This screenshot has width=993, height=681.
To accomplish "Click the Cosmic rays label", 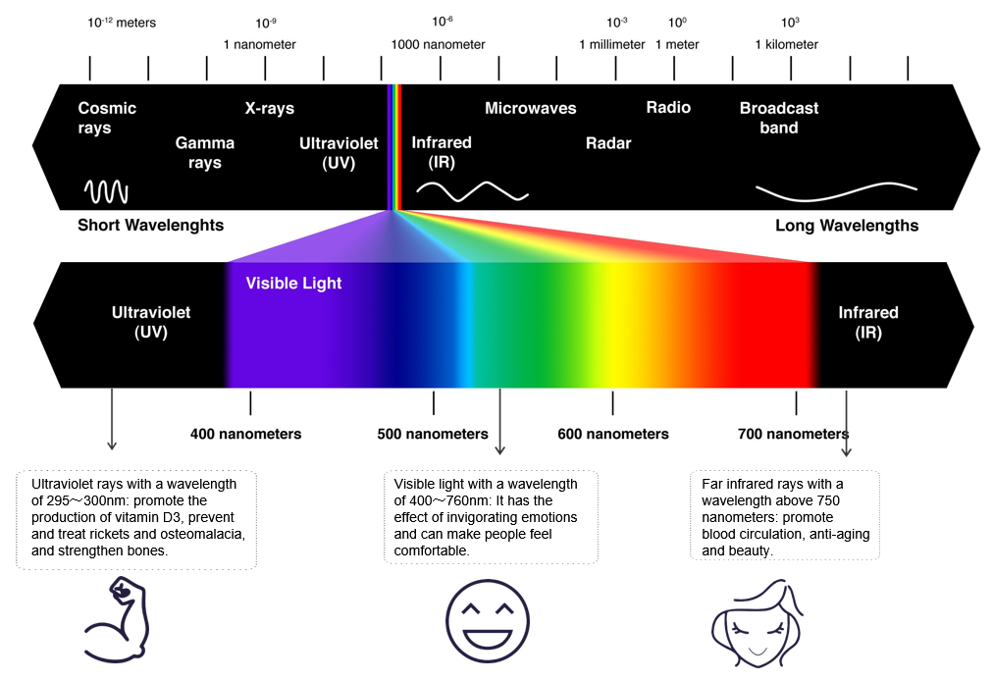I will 107,118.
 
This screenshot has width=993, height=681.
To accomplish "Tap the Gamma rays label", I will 204,153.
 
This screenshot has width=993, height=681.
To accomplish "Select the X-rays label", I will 270,109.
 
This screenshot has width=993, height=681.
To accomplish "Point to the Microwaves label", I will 530,108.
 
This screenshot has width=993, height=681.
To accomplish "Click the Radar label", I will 608,143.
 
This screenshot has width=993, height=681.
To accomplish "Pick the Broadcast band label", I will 778,118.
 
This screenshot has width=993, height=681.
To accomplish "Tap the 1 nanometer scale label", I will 259,44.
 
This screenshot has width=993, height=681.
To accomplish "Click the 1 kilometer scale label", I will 786,44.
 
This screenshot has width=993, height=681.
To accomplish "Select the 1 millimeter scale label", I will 612,44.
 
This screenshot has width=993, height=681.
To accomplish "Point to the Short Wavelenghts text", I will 150,226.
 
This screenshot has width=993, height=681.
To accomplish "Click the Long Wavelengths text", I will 847,226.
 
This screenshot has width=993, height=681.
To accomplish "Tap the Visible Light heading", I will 293,284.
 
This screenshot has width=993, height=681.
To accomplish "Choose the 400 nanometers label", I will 245,434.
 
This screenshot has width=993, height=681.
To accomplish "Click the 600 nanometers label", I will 612,434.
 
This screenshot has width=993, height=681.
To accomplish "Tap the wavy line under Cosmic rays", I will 105,189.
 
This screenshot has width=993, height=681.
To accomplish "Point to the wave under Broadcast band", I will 836,187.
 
